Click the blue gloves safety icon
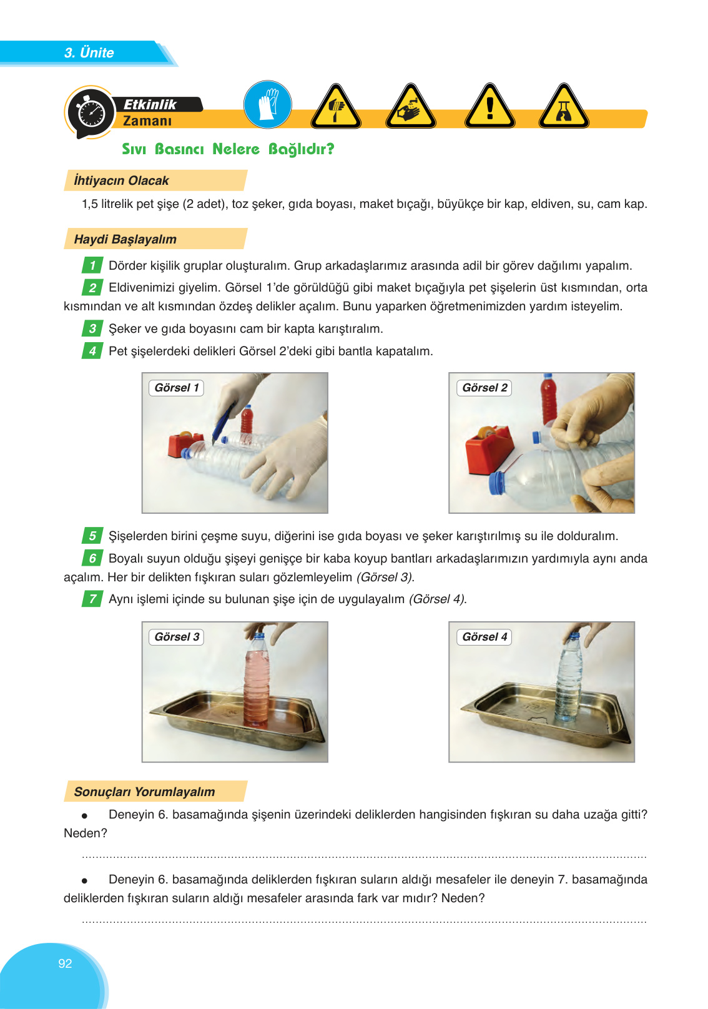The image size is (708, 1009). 267,104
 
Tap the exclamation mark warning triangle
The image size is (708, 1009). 490,108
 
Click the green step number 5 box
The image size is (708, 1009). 92,536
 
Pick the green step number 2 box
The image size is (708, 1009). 92,287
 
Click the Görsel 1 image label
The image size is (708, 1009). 177,388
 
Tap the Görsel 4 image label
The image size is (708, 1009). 484,637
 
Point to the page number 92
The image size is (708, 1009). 65,963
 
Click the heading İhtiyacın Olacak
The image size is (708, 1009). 121,180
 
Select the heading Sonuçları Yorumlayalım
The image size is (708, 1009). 144,792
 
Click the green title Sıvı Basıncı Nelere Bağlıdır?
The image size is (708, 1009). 228,149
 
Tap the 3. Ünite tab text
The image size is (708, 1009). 89,52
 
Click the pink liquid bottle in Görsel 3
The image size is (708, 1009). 257,681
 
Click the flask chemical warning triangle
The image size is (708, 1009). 564,108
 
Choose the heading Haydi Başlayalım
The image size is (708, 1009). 125,239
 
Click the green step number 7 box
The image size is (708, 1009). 92,599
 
